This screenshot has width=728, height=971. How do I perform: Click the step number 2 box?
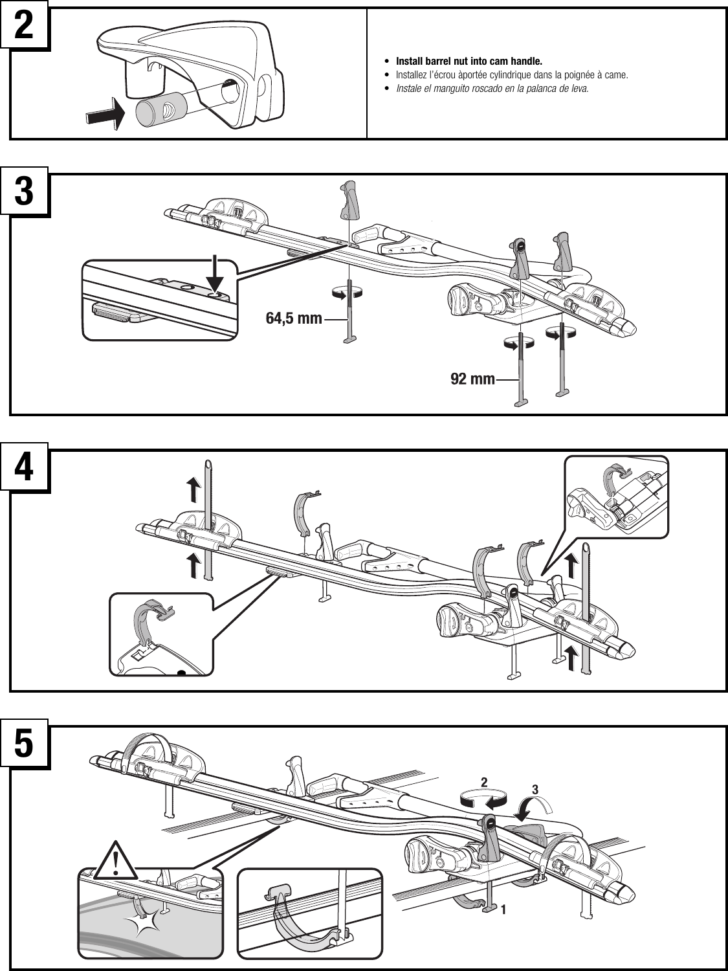pyautogui.click(x=25, y=27)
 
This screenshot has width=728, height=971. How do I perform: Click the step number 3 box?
pyautogui.click(x=25, y=193)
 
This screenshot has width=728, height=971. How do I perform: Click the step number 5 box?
pyautogui.click(x=25, y=745)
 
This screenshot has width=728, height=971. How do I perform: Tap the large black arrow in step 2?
pyautogui.click(x=103, y=115)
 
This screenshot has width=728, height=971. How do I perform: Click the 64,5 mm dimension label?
pyautogui.click(x=294, y=318)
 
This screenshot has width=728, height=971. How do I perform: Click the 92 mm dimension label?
pyautogui.click(x=472, y=379)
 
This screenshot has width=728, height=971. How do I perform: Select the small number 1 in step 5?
pyautogui.click(x=503, y=910)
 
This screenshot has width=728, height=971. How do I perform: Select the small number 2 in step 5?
pyautogui.click(x=483, y=783)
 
